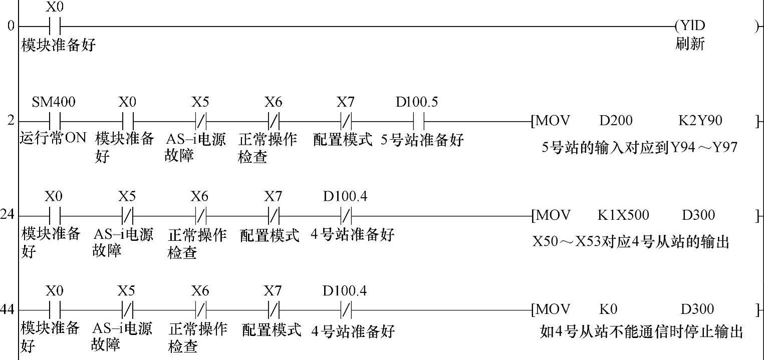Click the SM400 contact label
[54, 103]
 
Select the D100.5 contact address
[416, 103]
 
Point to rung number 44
[8, 309]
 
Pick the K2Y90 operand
[700, 121]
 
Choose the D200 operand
[616, 121]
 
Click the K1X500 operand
[623, 215]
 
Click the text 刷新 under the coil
[690, 44]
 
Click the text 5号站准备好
[422, 140]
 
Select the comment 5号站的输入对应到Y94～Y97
[639, 148]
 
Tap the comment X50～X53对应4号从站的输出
[630, 242]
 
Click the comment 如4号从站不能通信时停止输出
[641, 332]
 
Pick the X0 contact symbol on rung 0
[55, 26]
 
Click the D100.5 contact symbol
[419, 121]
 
